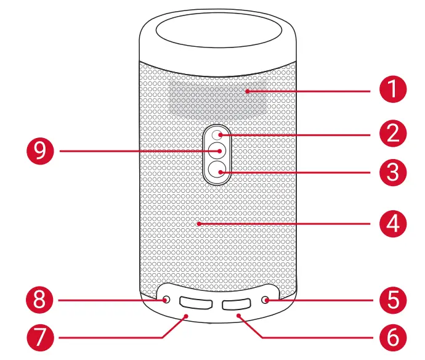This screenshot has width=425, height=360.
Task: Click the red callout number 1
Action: pyautogui.click(x=392, y=91)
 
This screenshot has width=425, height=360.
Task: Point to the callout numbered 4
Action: pyautogui.click(x=392, y=223)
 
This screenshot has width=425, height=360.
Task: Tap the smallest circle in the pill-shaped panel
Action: pyautogui.click(x=217, y=134)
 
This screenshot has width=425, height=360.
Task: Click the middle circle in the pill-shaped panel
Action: pyautogui.click(x=217, y=150)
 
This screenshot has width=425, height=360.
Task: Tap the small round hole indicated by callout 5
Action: pyautogui.click(x=266, y=300)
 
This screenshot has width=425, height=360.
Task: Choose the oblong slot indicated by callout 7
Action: pyautogui.click(x=196, y=304)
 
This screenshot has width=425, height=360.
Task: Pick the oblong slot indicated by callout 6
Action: pyautogui.click(x=237, y=304)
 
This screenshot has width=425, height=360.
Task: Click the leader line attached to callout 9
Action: pyautogui.click(x=136, y=150)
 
